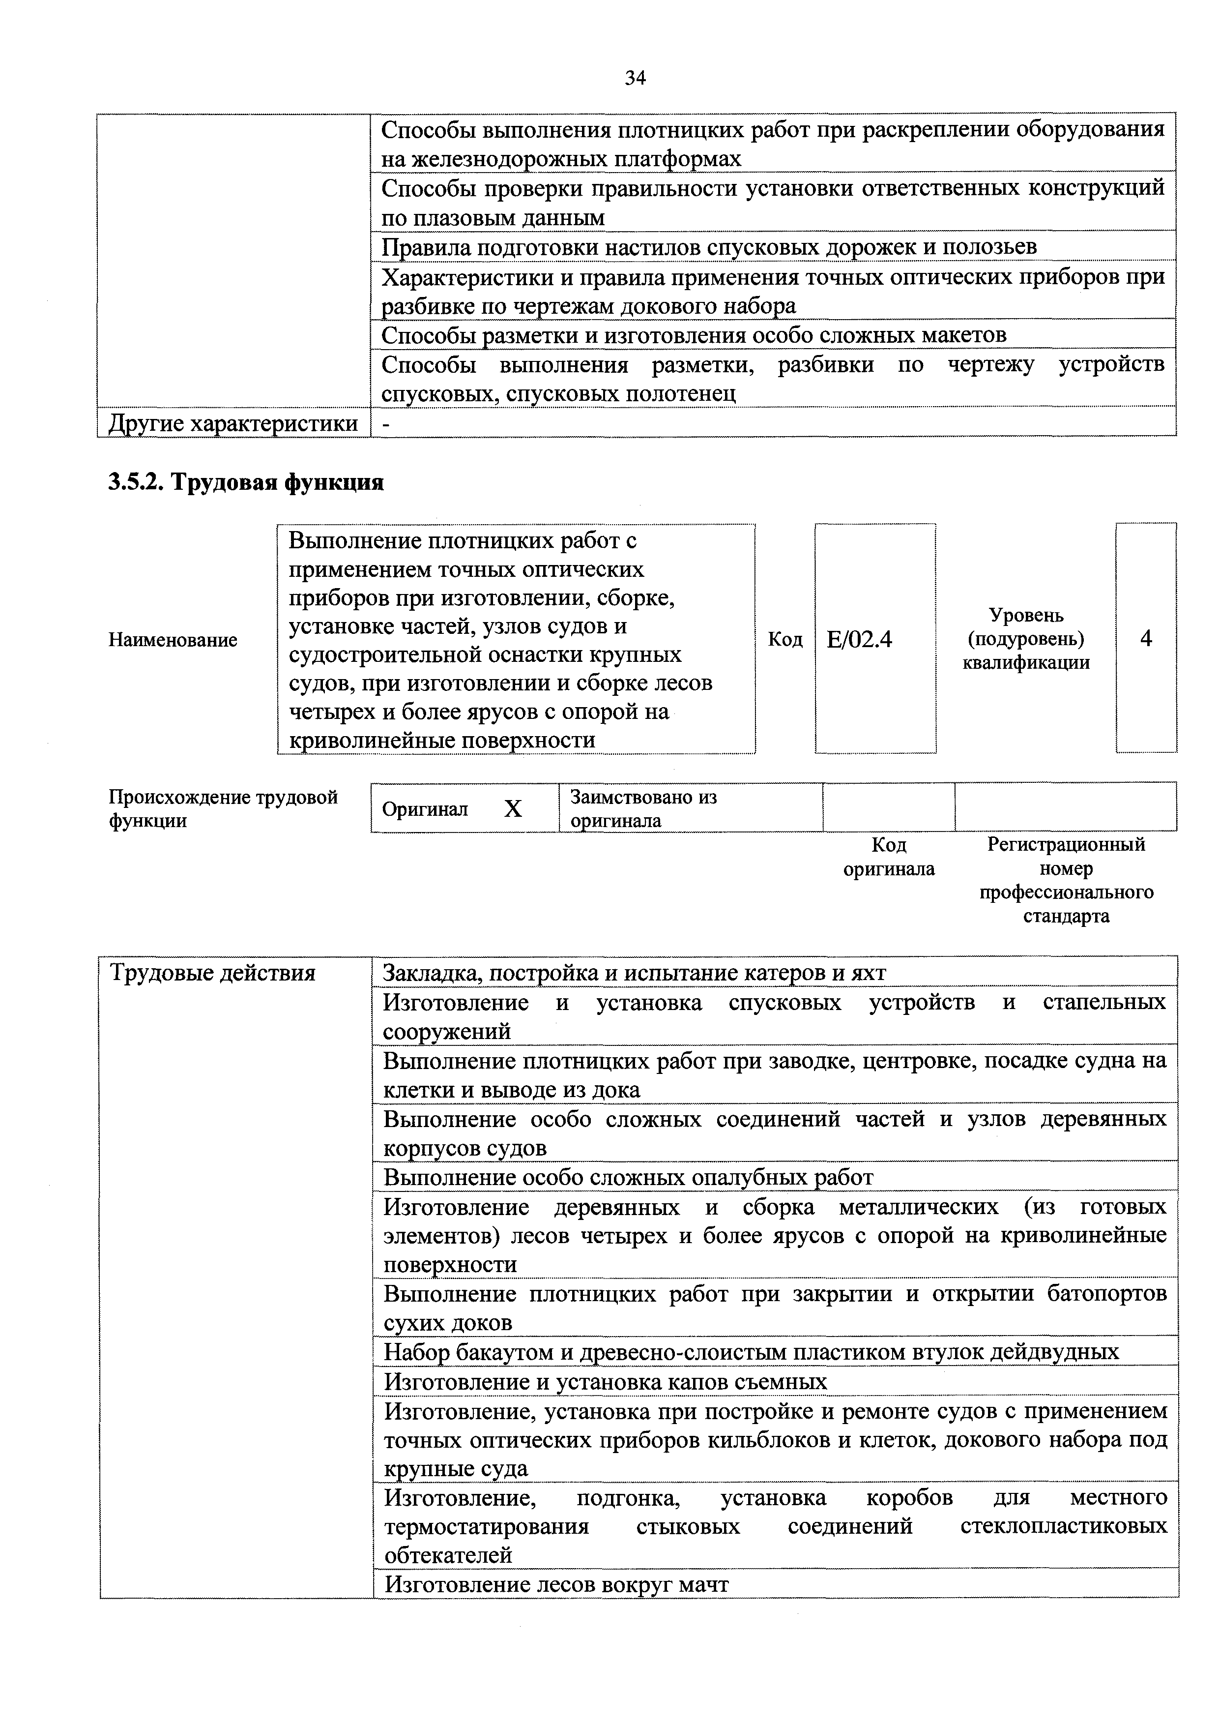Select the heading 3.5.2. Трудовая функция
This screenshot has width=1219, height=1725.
[246, 481]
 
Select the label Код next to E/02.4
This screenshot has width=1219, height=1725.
[785, 639]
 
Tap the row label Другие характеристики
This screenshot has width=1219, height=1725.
[233, 423]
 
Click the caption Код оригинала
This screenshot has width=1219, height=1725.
[889, 857]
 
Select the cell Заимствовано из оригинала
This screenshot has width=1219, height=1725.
[644, 808]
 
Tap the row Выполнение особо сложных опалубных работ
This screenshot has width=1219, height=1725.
[628, 1177]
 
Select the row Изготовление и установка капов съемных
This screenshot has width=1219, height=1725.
[606, 1382]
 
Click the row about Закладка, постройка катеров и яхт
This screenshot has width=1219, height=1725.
[635, 973]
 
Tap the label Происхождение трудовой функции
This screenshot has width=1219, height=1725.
[223, 808]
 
